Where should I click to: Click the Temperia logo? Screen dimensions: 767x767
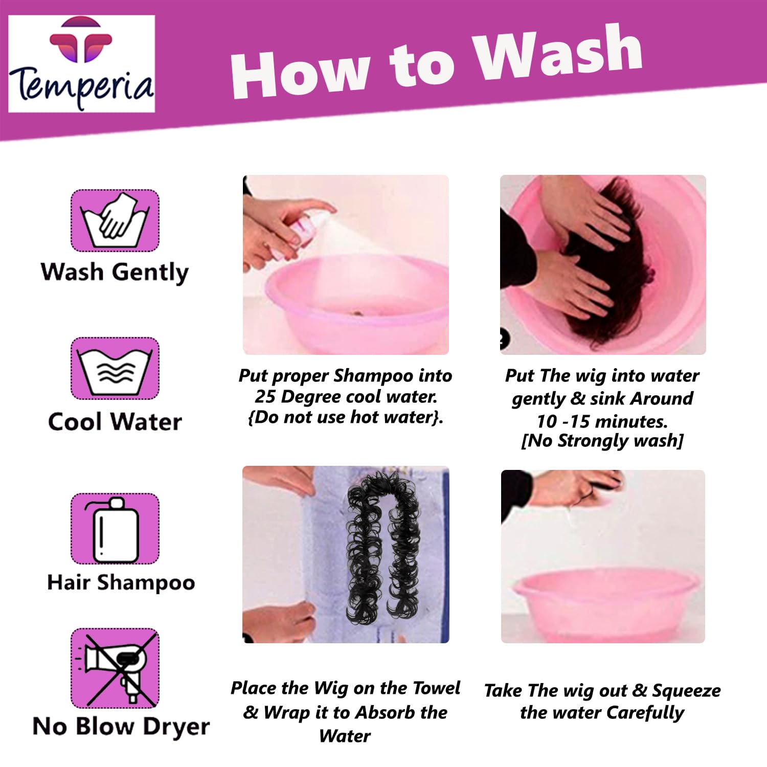(81, 63)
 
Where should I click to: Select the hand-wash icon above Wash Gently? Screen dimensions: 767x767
(115, 220)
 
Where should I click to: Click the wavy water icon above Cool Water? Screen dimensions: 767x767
(115, 369)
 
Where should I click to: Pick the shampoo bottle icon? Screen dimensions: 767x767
(115, 529)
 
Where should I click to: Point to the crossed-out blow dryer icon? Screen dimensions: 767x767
(115, 668)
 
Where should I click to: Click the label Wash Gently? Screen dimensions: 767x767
(115, 272)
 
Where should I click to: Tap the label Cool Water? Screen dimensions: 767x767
(115, 422)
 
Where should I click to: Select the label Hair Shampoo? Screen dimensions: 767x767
(121, 582)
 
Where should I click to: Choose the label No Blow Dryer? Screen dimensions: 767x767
(121, 726)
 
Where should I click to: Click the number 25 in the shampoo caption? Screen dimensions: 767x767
(265, 397)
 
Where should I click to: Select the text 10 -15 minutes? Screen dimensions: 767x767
(602, 421)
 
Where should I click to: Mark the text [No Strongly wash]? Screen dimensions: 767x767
(602, 441)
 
